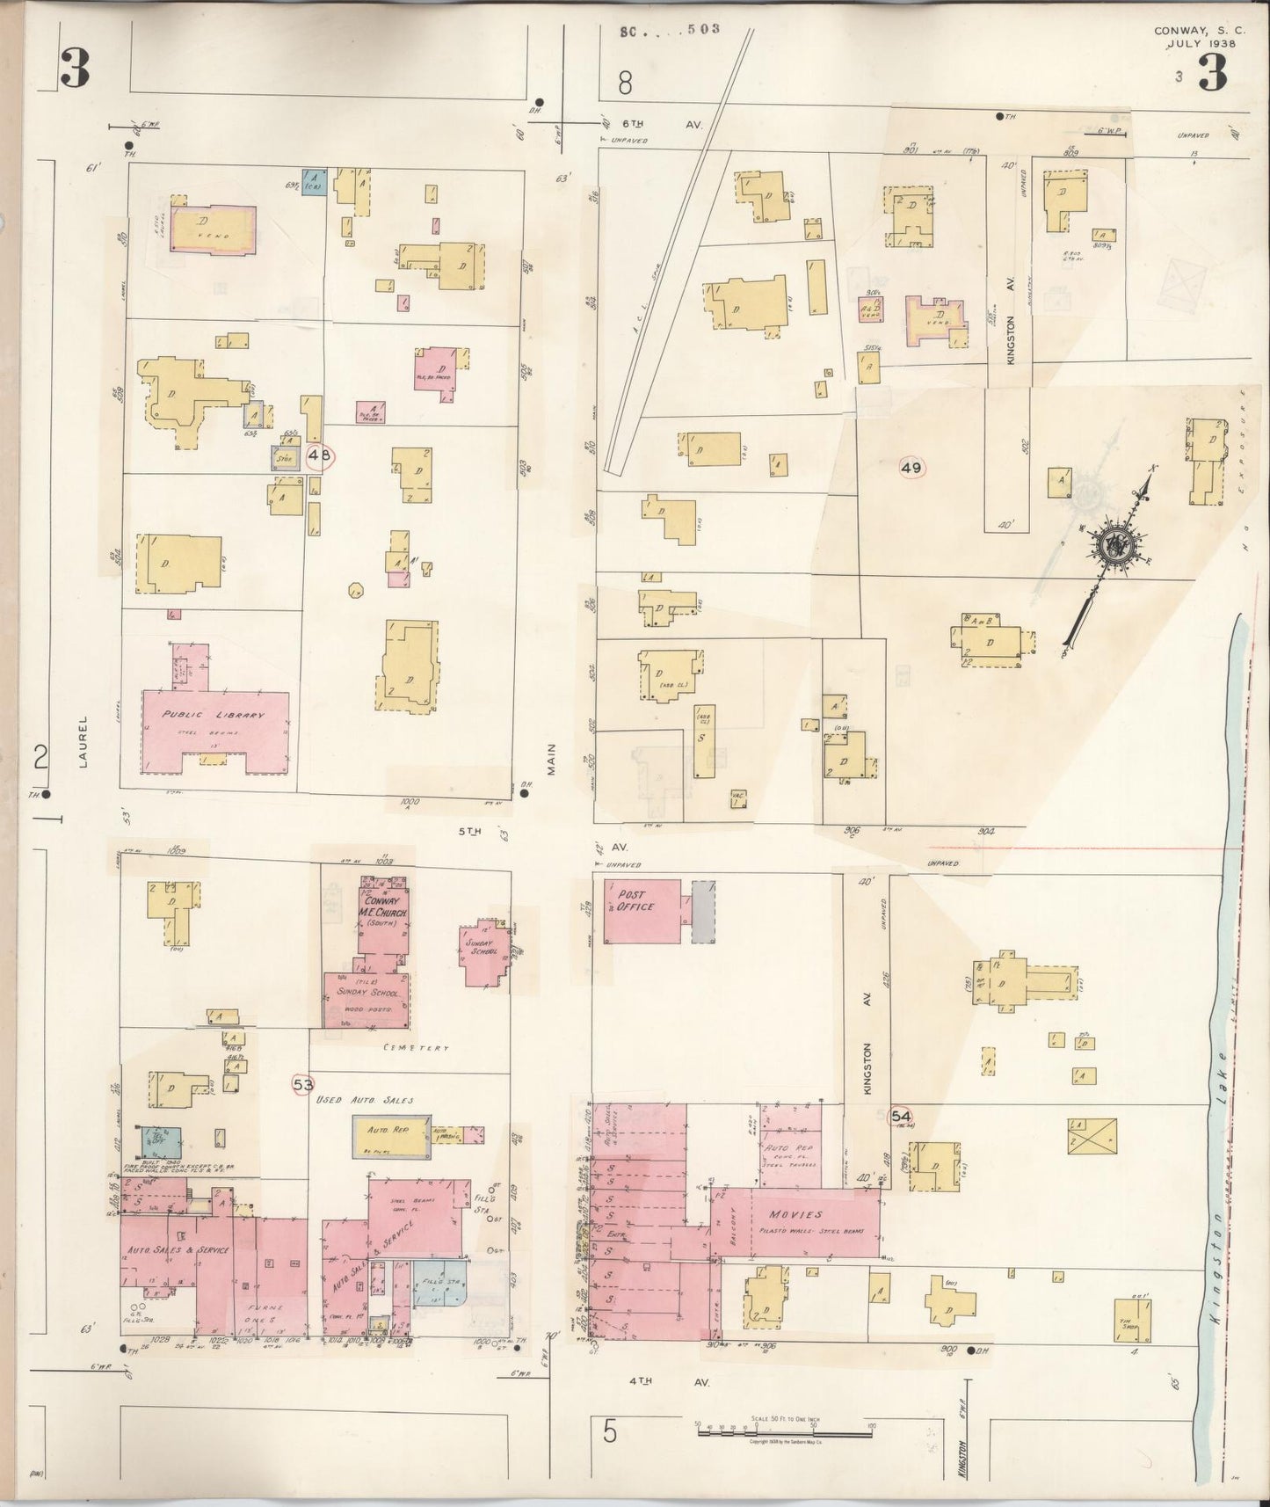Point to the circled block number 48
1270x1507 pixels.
(320, 455)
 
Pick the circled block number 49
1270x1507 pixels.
(911, 468)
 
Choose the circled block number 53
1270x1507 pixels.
(302, 1085)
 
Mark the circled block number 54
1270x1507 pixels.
(901, 1116)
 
